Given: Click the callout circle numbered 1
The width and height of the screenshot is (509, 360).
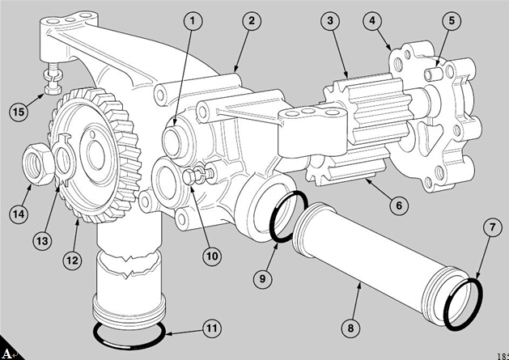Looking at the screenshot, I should click(192, 21).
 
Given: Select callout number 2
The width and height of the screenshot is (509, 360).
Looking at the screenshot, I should click(252, 21).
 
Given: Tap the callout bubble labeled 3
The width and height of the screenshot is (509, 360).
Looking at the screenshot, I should click(329, 21).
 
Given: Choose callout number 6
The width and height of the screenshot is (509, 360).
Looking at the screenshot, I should click(397, 205).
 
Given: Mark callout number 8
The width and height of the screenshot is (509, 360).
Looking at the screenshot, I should click(350, 329).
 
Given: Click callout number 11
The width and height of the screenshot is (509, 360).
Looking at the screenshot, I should click(211, 329).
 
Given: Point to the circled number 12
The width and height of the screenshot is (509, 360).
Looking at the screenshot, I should click(74, 260).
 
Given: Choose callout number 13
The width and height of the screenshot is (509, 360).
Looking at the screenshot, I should click(41, 240).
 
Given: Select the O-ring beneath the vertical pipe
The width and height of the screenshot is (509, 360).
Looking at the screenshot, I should click(129, 333).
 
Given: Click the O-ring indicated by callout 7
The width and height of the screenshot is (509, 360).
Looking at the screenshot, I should click(463, 305).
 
